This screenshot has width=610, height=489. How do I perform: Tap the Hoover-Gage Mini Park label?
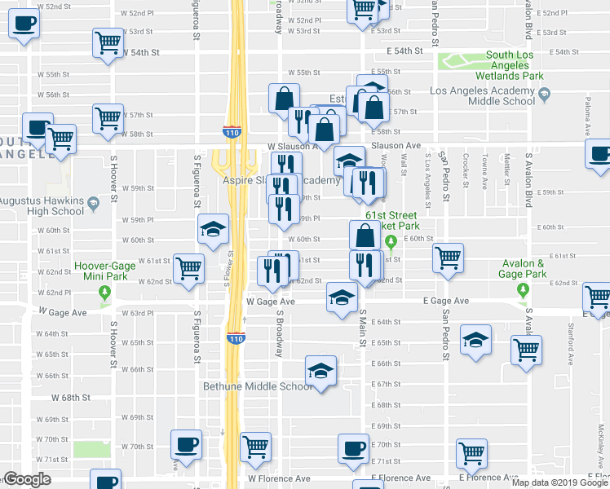point(104,271)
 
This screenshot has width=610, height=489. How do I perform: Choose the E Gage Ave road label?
point(445,301)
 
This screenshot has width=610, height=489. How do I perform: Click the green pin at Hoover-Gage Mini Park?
point(104,292)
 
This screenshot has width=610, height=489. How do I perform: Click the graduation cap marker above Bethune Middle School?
point(321,371)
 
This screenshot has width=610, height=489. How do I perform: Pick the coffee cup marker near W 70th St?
point(187,444)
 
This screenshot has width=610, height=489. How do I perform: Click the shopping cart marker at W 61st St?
point(189,267)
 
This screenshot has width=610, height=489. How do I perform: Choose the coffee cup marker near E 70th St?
point(354,448)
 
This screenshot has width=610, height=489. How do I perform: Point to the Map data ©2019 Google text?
point(559,482)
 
